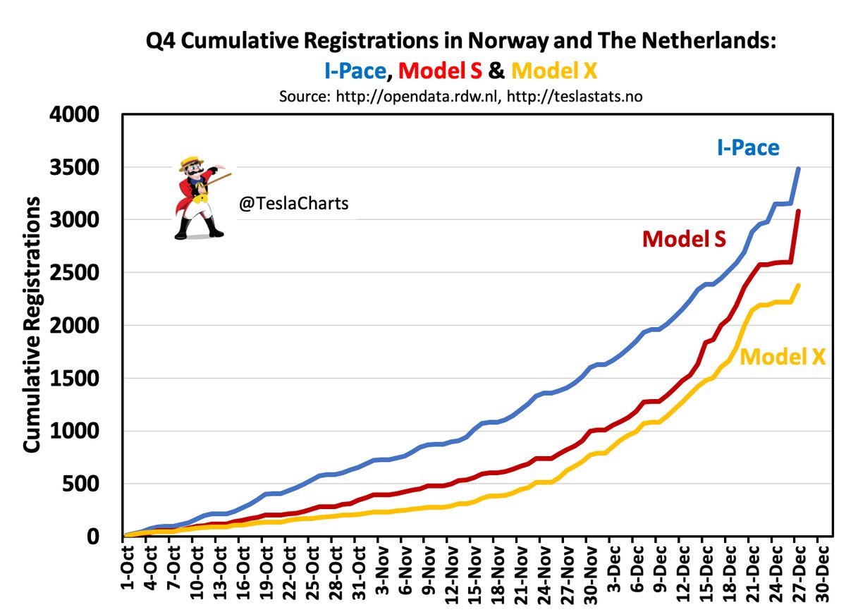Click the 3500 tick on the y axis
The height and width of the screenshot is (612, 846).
coord(82,168)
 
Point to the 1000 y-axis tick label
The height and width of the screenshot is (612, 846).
coord(82,432)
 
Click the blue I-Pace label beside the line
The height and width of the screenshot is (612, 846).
coord(749,148)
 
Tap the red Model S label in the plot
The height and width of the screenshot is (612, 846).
coord(683,239)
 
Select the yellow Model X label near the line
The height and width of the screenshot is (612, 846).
coord(783,357)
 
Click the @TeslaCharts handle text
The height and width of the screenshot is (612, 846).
coord(293,204)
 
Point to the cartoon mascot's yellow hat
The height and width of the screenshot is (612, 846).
coord(191,161)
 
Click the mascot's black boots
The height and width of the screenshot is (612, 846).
coord(198,229)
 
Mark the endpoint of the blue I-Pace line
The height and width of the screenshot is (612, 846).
coord(797,169)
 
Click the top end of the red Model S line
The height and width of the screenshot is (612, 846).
coord(797,211)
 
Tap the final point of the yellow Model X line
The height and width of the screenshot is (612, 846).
coord(797,285)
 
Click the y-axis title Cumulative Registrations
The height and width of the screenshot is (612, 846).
coord(32,324)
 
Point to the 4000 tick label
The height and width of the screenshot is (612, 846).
coord(82,115)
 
